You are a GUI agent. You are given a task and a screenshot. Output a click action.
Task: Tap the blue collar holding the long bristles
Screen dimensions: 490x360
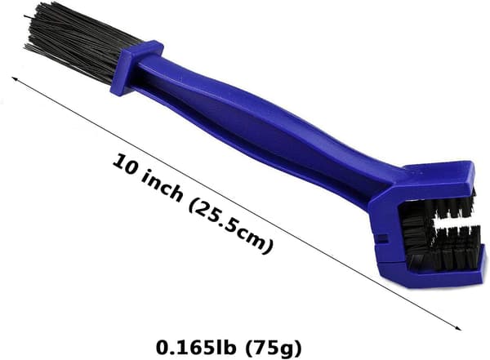tap(136, 68)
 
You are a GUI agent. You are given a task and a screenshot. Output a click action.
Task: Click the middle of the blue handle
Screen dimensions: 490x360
tap(256, 125)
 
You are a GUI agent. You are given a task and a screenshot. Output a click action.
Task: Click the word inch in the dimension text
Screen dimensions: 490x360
tap(163, 185)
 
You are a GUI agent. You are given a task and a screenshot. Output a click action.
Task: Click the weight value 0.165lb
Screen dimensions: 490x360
tap(196, 347)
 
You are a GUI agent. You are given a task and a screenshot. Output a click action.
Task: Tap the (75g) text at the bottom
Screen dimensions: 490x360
tap(273, 347)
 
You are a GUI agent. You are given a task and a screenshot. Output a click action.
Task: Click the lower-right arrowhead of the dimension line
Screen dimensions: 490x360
tap(459, 328)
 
